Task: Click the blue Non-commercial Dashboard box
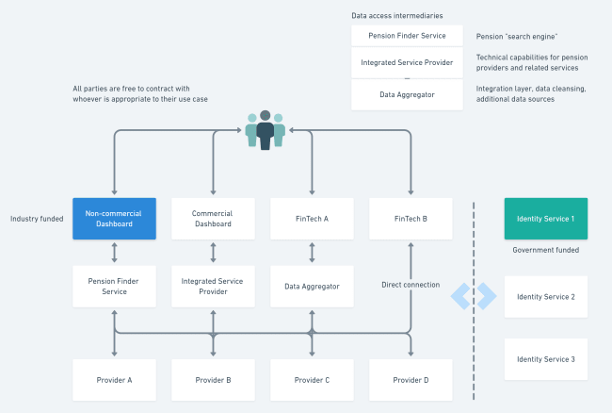114,219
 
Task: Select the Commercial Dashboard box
213,219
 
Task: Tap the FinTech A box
312,219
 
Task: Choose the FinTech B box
411,219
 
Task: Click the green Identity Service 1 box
546,219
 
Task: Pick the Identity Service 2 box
546,297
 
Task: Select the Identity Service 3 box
546,359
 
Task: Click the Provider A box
114,380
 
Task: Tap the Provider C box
312,380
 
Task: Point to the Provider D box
411,380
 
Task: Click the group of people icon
265,130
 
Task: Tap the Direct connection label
411,285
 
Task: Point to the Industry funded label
37,219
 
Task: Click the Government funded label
545,251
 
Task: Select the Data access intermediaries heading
395,16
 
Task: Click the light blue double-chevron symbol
473,296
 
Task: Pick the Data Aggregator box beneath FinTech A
312,286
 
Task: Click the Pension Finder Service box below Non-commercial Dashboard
114,286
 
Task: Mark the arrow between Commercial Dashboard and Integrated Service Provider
213,253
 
